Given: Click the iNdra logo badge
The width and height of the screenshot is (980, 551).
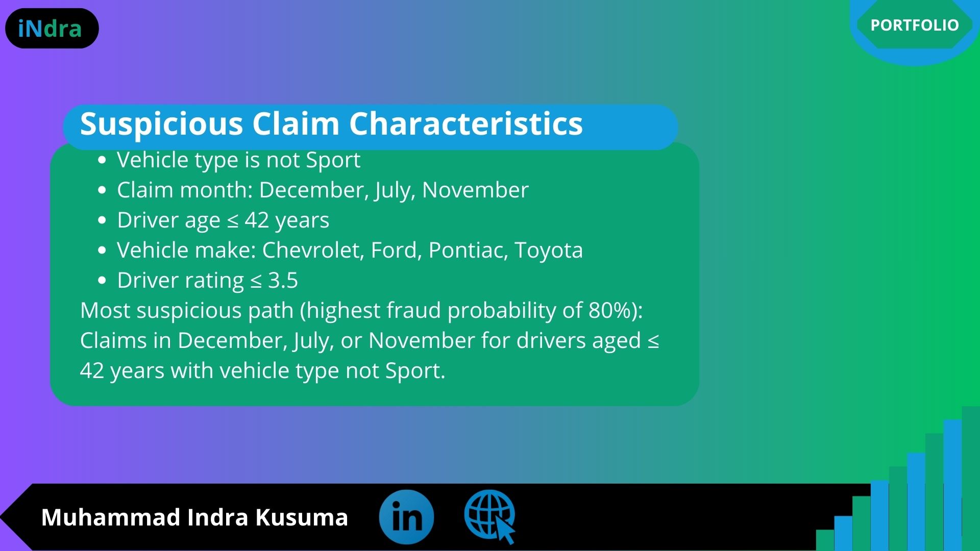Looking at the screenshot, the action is pyautogui.click(x=52, y=29).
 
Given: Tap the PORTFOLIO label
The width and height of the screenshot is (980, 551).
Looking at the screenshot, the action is pyautogui.click(x=914, y=25).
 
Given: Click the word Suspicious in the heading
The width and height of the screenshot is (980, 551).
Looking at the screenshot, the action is pyautogui.click(x=161, y=123).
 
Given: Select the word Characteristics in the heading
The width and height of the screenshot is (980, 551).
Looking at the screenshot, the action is pyautogui.click(x=465, y=123).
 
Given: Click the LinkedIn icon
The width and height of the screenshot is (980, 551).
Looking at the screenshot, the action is pyautogui.click(x=406, y=517).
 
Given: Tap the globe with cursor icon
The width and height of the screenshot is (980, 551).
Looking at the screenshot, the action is pyautogui.click(x=490, y=516).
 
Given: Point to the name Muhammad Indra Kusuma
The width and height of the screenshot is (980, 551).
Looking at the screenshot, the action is pyautogui.click(x=194, y=517).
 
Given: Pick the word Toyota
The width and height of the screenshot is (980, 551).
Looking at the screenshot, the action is pyautogui.click(x=549, y=251).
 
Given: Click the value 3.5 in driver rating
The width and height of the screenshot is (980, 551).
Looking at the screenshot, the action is pyautogui.click(x=283, y=281).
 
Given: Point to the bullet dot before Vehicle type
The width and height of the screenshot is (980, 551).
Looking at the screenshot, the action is pyautogui.click(x=102, y=161).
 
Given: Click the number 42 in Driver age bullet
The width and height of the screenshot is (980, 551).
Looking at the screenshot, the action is pyautogui.click(x=257, y=220).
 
